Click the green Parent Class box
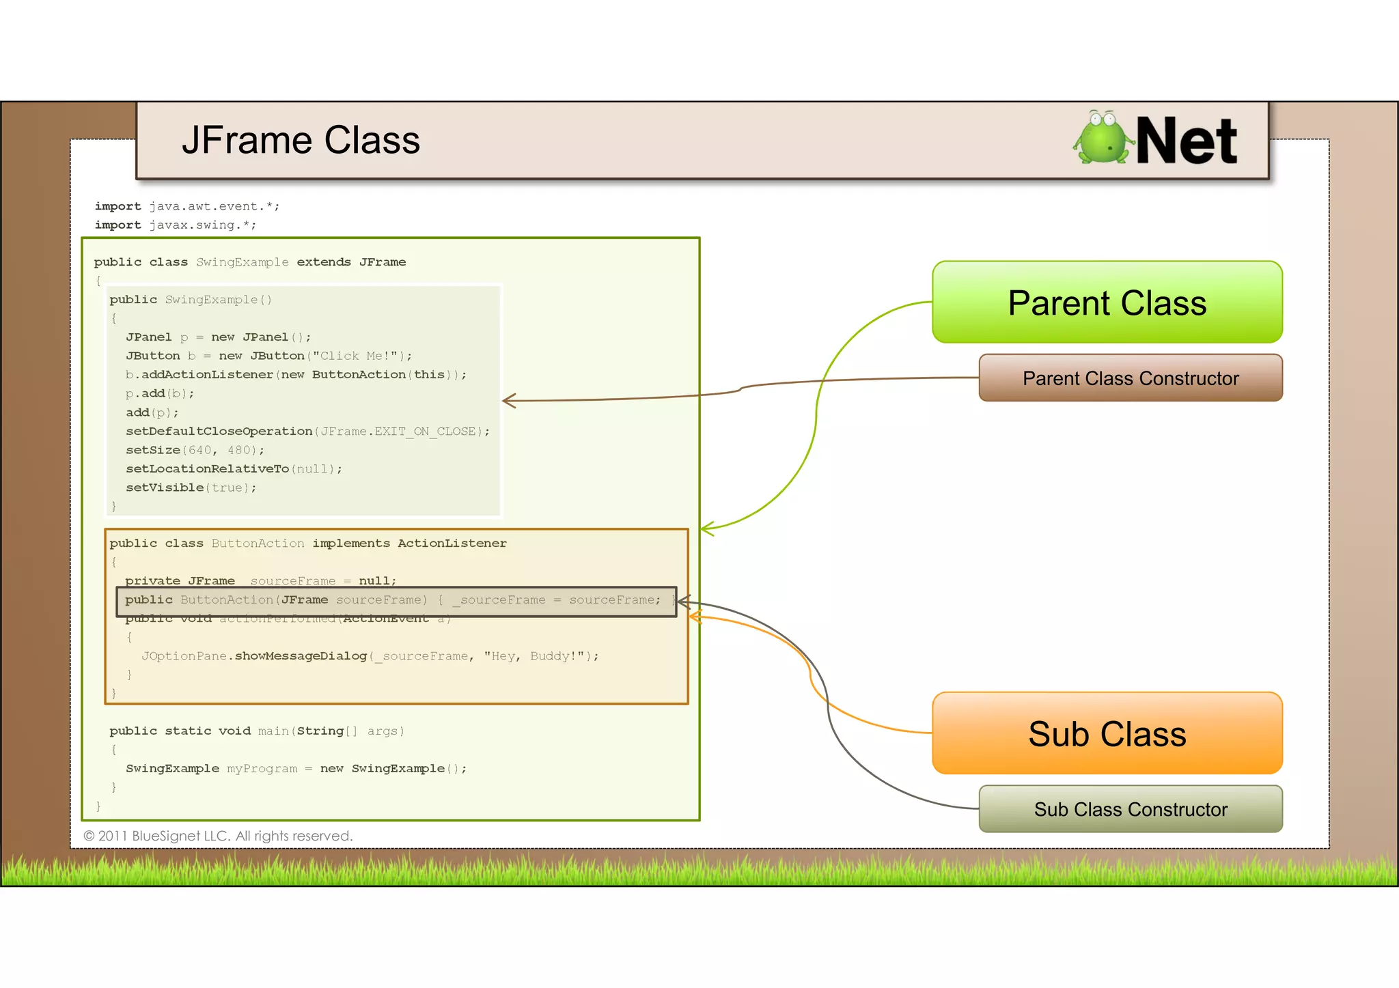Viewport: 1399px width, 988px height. [x=1107, y=302]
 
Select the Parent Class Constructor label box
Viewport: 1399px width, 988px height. [x=1131, y=378]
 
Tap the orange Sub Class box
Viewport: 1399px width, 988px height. [x=1107, y=734]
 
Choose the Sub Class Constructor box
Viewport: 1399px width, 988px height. [x=1131, y=809]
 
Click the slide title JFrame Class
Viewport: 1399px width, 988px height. [x=301, y=141]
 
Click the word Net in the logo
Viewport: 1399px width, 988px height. [x=1187, y=141]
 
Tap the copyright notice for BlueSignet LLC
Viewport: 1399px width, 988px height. [x=218, y=836]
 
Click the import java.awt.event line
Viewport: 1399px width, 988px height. [x=186, y=206]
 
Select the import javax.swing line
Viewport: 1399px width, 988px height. [x=176, y=225]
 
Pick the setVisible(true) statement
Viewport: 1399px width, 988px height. [x=191, y=488]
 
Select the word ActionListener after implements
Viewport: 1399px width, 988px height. [x=452, y=544]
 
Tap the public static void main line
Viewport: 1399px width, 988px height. [x=257, y=731]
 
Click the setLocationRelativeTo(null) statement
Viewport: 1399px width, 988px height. [x=234, y=469]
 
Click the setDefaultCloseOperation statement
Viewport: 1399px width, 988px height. [x=307, y=432]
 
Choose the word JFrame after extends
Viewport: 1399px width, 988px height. [x=383, y=262]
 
